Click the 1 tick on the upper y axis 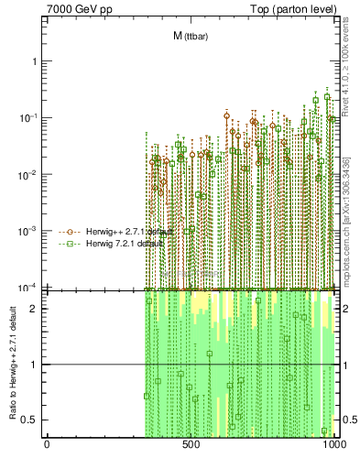pos(37,61)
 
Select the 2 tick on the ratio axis pos(37,309)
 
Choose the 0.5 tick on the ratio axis pos(32,420)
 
